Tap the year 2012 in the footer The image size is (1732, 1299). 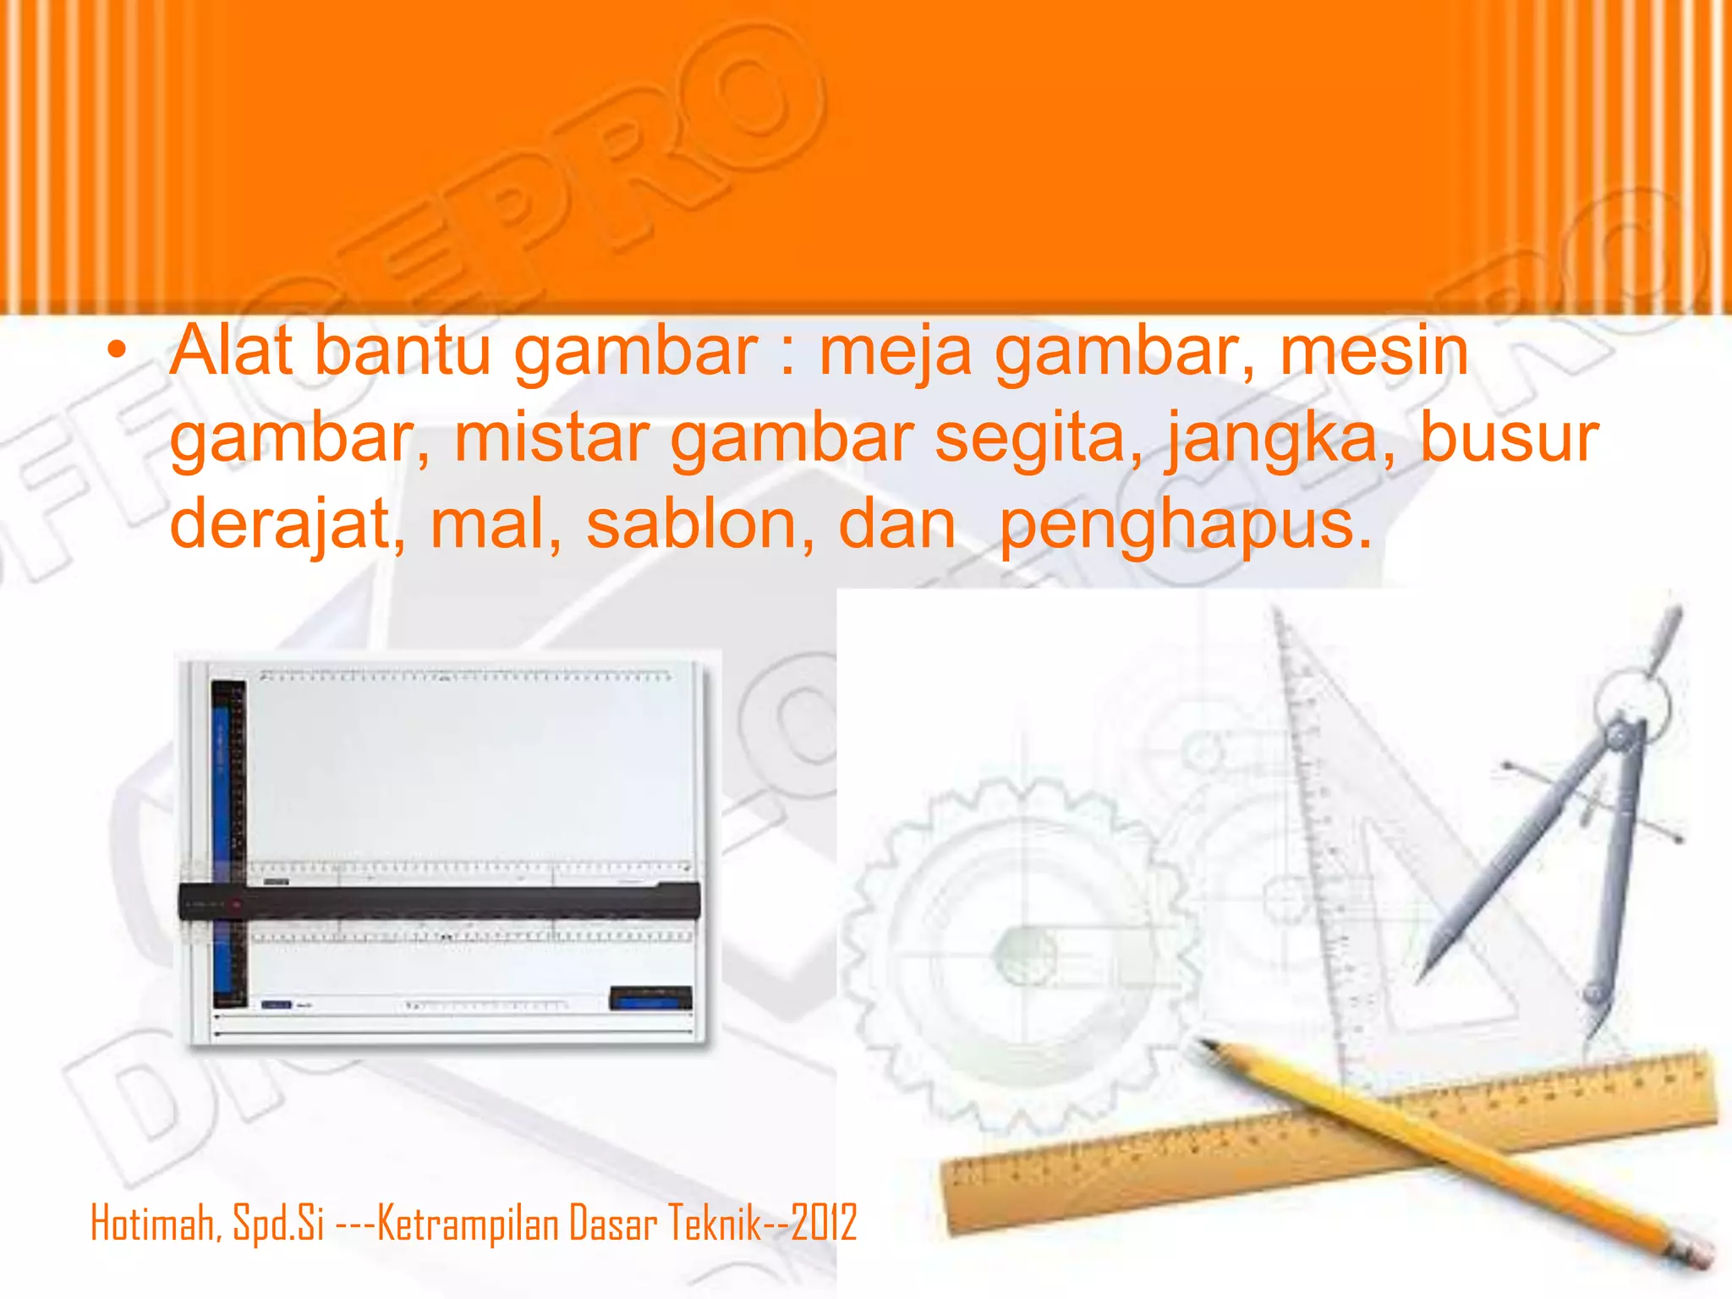[x=824, y=1224]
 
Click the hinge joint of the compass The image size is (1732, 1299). [x=1620, y=734]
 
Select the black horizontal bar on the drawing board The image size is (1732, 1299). [x=440, y=902]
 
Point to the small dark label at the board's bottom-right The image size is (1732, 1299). [x=650, y=998]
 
